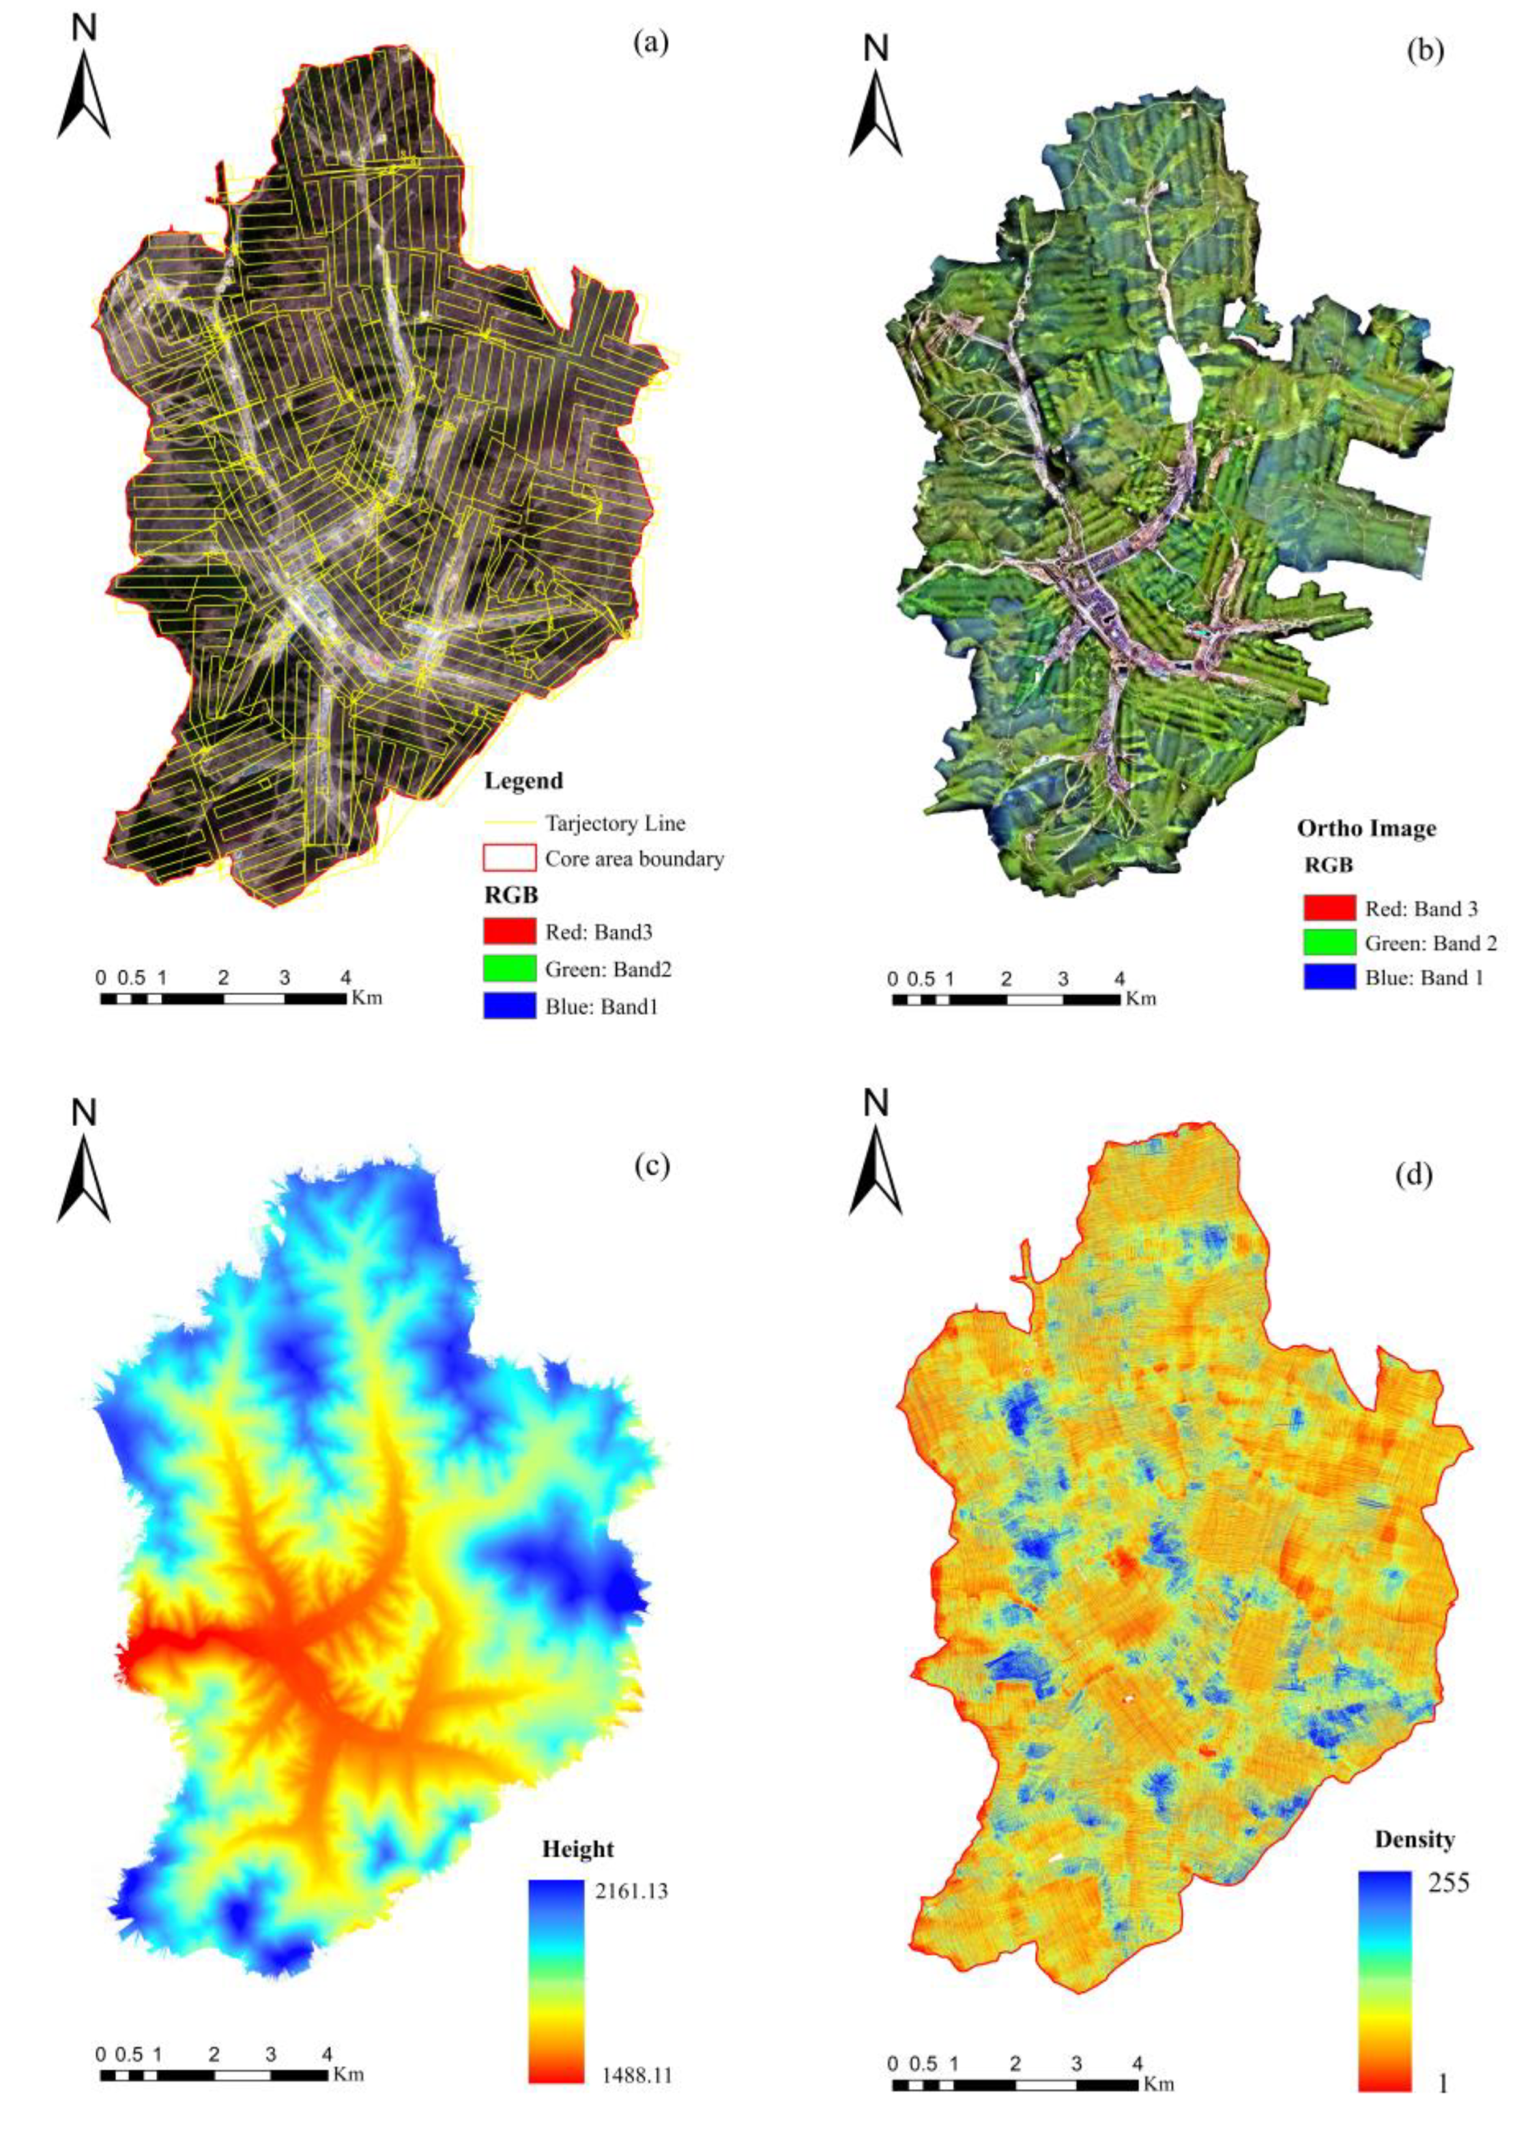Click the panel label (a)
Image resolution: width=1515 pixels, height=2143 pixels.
[x=650, y=43]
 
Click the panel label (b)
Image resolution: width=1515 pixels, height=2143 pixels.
[x=1424, y=51]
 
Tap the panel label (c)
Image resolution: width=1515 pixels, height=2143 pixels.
[x=650, y=1166]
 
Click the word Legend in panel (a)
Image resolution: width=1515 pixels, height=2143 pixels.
[x=523, y=780]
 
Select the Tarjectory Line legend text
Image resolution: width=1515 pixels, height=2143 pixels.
[x=615, y=823]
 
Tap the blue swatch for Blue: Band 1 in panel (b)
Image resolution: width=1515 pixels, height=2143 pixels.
[x=1329, y=978]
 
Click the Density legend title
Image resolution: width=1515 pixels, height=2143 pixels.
[x=1413, y=1839]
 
